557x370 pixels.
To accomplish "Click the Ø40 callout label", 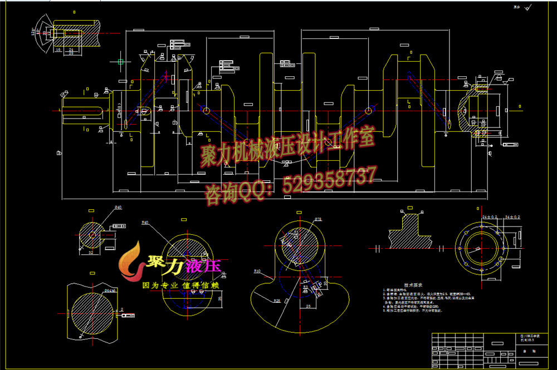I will tap(118, 208).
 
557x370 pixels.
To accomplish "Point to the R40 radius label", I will tap(145, 223).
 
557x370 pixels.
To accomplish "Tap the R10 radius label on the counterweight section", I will tap(258, 272).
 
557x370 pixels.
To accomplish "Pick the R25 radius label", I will tap(276, 301).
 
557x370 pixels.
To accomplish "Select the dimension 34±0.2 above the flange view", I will tap(511, 215).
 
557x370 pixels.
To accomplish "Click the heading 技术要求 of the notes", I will tap(415, 283).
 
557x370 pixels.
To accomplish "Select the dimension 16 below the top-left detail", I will tap(58, 50).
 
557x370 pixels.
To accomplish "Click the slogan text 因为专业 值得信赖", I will tap(181, 285).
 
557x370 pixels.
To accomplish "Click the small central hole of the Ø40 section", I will tap(92, 235).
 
